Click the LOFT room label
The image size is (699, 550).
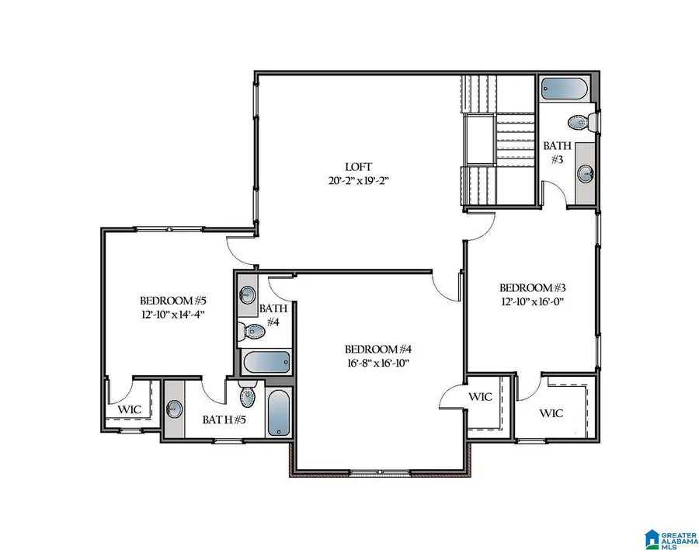359,166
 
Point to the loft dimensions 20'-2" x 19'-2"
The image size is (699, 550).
359,180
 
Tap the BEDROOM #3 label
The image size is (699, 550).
530,286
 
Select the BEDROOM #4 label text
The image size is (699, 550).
377,349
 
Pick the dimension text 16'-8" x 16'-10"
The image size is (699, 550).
377,363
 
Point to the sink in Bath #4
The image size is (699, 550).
247,294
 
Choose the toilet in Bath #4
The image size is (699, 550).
251,332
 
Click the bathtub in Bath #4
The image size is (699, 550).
266,362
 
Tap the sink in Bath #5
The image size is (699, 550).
175,408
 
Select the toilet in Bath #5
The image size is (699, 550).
248,396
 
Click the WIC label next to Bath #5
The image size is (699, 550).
129,409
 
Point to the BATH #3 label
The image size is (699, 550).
557,151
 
